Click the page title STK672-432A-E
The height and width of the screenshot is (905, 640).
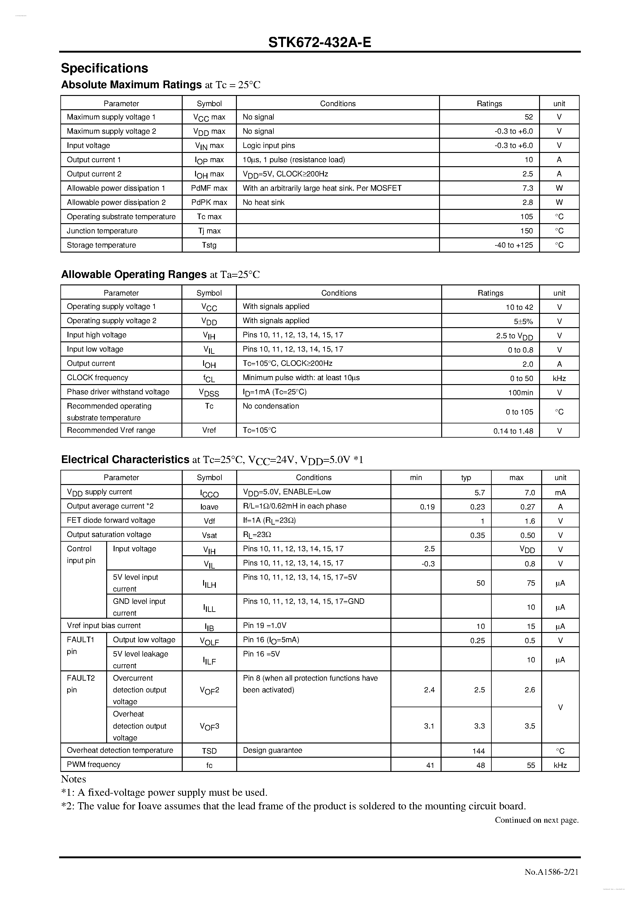click(x=320, y=42)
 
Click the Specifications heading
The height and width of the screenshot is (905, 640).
click(x=104, y=68)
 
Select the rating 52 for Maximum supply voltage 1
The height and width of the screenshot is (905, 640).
click(x=529, y=117)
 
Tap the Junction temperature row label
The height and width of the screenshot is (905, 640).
click(x=102, y=231)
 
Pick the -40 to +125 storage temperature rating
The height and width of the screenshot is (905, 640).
click(x=513, y=245)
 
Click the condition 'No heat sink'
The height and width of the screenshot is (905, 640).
click(x=263, y=203)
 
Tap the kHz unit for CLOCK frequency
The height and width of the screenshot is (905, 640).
click(x=559, y=379)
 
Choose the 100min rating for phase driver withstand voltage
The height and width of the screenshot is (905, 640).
click(x=520, y=392)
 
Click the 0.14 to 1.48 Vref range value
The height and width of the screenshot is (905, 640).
click(x=513, y=431)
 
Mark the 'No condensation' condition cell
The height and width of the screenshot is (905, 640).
click(x=271, y=406)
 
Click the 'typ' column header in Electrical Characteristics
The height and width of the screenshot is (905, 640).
click(x=466, y=478)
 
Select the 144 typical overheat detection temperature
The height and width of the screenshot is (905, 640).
click(x=478, y=751)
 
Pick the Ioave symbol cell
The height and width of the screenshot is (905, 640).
click(x=209, y=507)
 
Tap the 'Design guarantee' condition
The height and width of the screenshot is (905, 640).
click(x=272, y=751)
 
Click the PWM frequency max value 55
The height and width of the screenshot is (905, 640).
click(x=531, y=765)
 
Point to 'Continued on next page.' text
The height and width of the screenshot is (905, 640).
click(x=536, y=820)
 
